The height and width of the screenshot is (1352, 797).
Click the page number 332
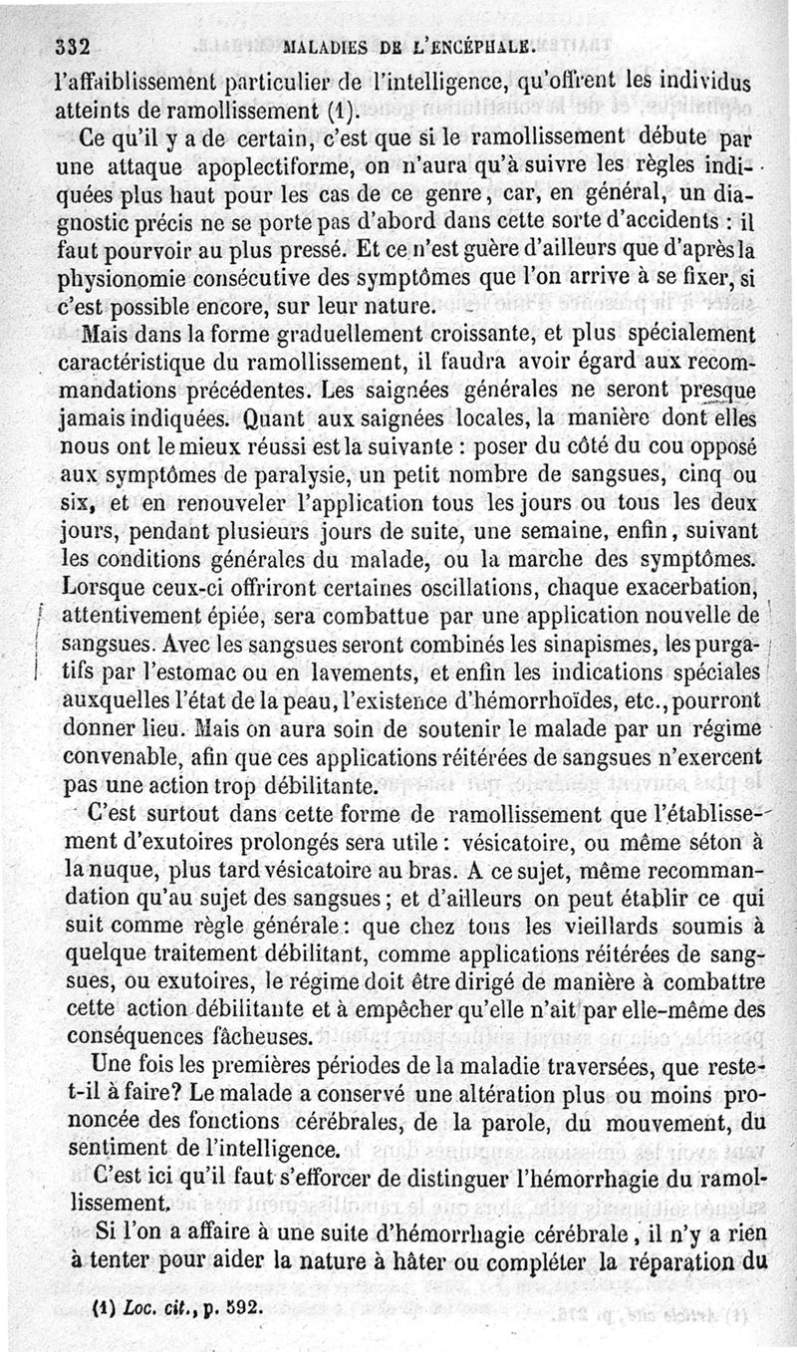pyautogui.click(x=74, y=45)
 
